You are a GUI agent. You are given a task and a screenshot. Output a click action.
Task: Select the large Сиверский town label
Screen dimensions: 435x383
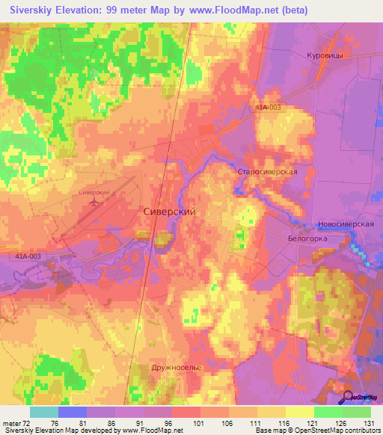(169, 212)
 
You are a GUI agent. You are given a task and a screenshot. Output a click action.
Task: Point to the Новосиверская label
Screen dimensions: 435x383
(345, 224)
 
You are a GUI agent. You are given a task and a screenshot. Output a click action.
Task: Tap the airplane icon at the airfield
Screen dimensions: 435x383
(94, 202)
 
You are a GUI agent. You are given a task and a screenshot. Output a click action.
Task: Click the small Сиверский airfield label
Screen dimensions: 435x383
(94, 192)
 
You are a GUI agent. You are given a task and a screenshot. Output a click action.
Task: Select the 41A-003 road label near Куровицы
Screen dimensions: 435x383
(268, 108)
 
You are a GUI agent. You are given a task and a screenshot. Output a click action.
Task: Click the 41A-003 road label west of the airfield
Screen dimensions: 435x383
(28, 256)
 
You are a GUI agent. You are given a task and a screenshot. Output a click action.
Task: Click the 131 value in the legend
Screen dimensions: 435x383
(370, 422)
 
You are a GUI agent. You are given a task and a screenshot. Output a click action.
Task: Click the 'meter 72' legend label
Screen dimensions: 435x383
(16, 422)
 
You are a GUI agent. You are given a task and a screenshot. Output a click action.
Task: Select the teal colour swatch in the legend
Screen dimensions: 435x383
(43, 412)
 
